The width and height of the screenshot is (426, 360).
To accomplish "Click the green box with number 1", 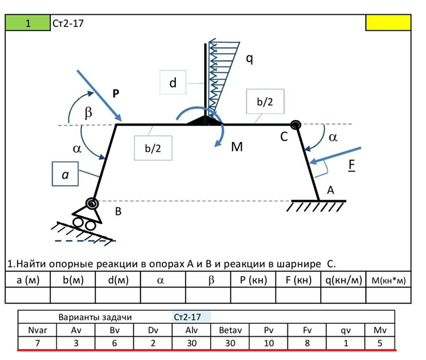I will tap(28, 23).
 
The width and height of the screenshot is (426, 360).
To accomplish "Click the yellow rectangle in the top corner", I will tap(387, 23).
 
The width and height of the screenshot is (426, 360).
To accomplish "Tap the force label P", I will tap(115, 93).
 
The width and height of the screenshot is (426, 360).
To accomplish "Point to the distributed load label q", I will tap(249, 59).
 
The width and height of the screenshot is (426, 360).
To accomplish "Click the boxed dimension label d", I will tap(173, 83).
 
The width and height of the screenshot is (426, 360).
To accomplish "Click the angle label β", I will tap(89, 112).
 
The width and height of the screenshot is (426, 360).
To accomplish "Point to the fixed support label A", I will tap(331, 190).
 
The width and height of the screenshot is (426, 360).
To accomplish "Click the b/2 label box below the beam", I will tap(149, 148).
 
